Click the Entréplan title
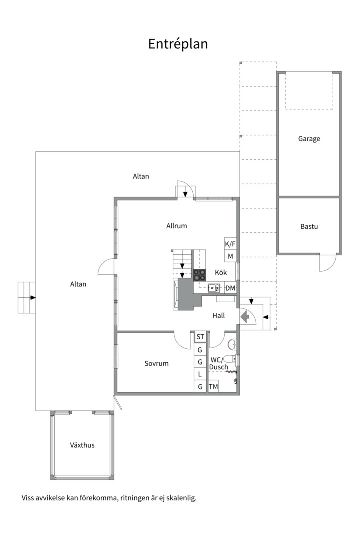178,44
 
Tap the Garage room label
309,139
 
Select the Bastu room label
309,226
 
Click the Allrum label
176,226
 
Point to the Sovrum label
156,363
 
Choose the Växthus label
82,445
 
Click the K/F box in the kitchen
230,244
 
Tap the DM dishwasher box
230,288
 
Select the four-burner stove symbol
200,275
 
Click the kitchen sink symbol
214,288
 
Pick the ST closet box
200,337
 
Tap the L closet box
200,374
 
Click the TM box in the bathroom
213,386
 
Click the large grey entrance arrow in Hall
245,317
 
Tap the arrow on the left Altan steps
32,297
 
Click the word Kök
221,272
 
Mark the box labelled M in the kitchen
230,256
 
